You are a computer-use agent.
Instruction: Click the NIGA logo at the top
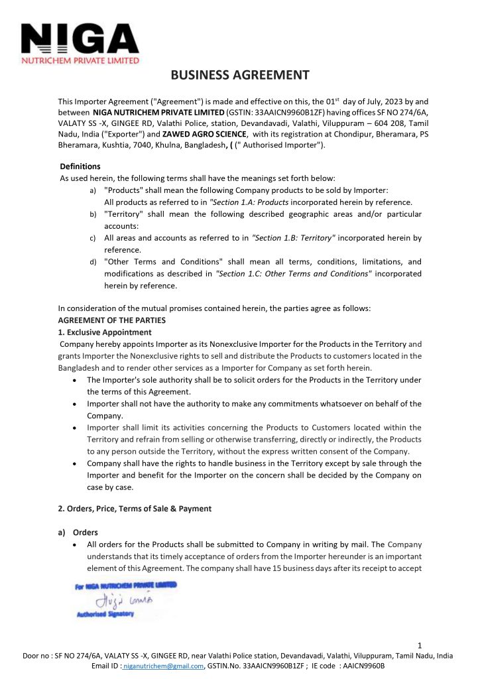80,41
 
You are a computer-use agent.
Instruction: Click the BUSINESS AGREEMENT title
240,75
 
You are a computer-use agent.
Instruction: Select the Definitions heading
80,166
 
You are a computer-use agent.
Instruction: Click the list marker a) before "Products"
92,190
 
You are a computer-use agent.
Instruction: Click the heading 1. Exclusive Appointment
105,332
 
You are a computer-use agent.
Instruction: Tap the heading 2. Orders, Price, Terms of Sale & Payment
135,509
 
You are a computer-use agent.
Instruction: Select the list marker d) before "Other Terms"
92,262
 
